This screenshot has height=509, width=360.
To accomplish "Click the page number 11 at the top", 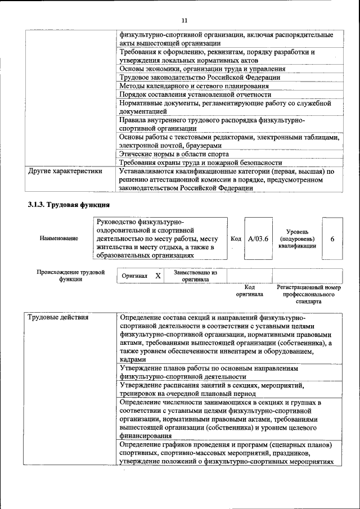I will click(184, 21).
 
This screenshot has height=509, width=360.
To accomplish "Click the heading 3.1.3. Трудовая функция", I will click(68, 205).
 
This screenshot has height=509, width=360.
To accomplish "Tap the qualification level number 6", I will click(332, 239).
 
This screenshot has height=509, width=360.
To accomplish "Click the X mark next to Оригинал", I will click(158, 276).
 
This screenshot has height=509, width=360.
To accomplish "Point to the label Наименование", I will click(59, 239).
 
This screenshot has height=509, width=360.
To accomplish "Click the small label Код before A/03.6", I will click(236, 239).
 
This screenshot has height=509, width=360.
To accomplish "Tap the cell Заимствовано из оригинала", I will click(195, 276).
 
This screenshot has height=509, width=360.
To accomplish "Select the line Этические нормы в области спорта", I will click(174, 154).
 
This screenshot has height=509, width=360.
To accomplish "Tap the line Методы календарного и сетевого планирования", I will click(194, 86).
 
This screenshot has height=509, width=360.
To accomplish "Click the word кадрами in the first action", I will click(133, 359).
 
